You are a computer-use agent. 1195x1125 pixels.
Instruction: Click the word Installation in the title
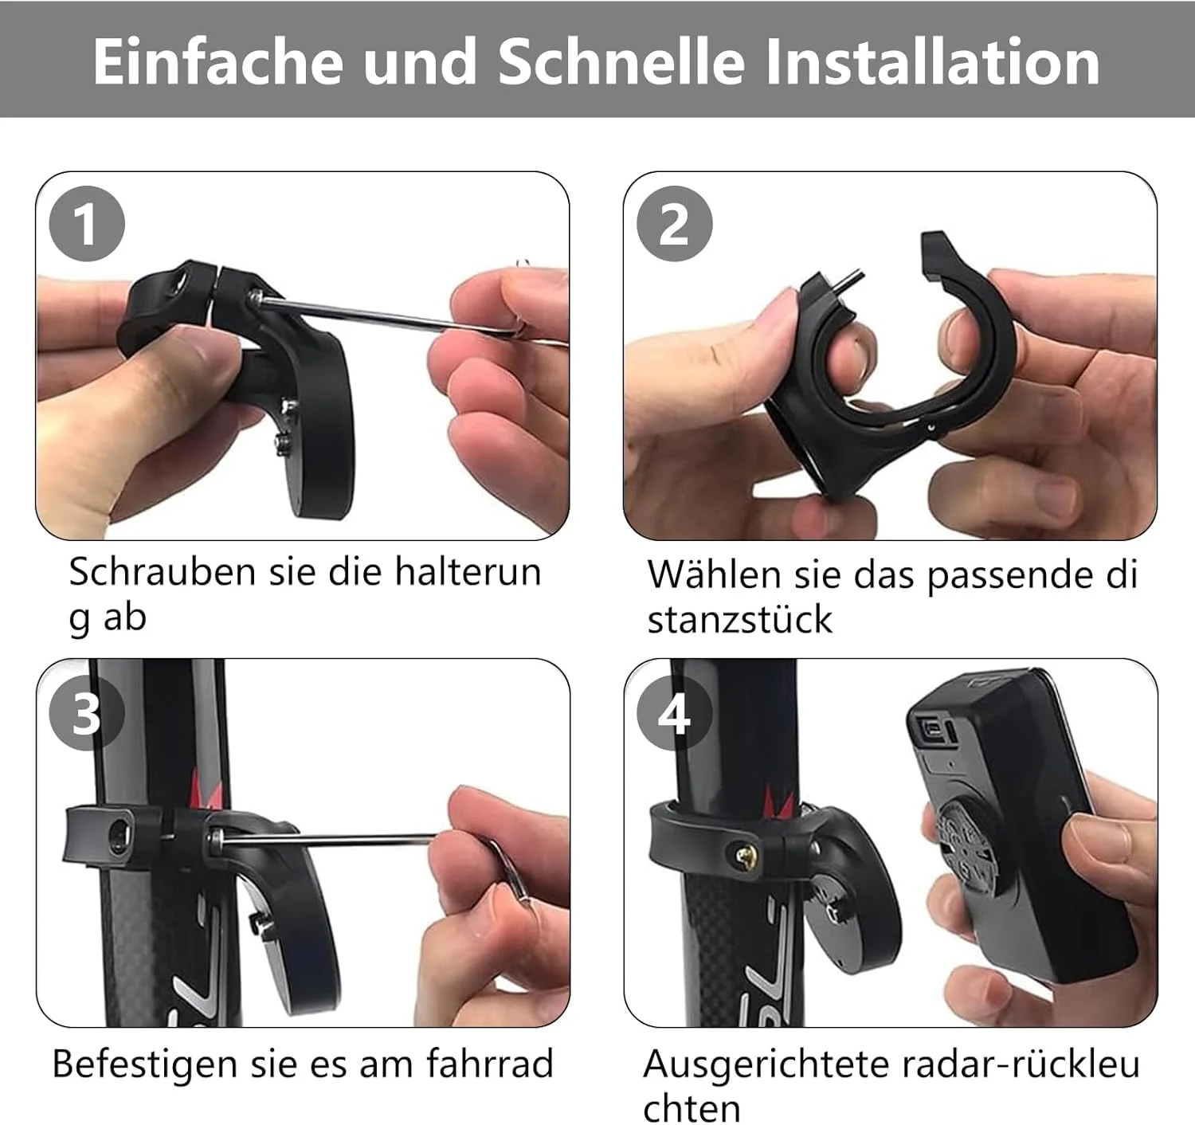(933, 61)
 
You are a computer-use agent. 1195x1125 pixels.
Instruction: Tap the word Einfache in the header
(217, 61)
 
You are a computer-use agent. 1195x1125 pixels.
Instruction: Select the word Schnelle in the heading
(621, 61)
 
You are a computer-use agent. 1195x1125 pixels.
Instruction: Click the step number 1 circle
(87, 224)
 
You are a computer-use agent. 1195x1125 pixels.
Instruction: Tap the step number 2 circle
(675, 224)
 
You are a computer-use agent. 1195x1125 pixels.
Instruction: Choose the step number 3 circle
(87, 713)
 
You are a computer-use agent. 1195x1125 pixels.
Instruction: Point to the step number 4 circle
(675, 713)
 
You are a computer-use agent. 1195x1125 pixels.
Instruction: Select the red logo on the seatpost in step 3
(206, 788)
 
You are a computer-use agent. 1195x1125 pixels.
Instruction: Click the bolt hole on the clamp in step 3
(120, 836)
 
